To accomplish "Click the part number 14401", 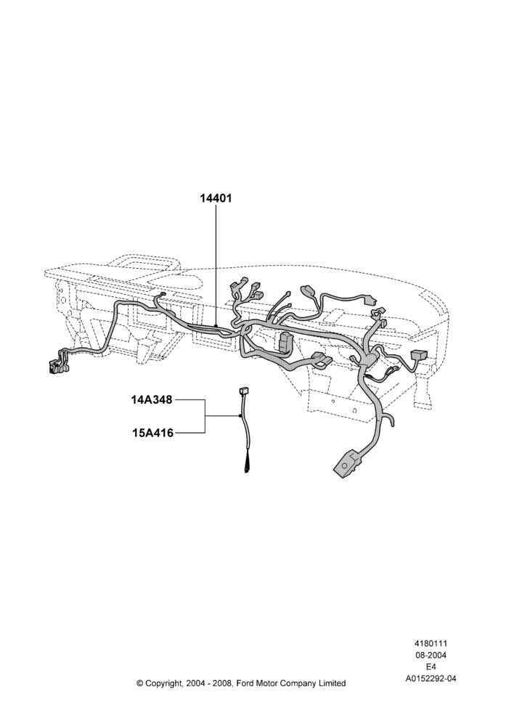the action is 216,198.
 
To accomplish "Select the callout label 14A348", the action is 152,399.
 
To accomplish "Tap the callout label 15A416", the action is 152,433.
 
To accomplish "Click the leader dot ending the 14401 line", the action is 216,327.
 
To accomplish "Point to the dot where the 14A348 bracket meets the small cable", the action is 240,416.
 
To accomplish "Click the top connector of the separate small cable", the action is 242,391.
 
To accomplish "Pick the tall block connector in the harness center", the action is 285,341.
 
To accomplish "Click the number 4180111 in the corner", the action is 431,643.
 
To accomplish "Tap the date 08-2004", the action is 431,655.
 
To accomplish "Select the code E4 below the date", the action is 431,666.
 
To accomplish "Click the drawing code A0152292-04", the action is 431,679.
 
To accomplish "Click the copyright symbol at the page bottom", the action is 140,683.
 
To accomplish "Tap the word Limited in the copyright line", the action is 333,683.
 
